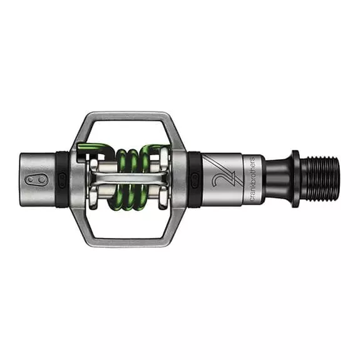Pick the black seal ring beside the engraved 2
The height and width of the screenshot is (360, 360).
point(195,180)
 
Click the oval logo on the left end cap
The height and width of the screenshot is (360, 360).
point(34,180)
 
